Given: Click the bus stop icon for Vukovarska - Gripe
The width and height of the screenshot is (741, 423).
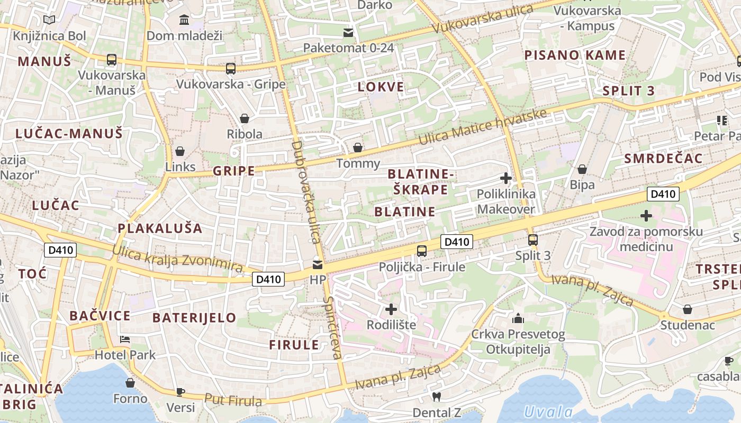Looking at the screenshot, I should pyautogui.click(x=230, y=69).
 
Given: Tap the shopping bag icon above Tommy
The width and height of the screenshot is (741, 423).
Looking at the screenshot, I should pyautogui.click(x=358, y=148).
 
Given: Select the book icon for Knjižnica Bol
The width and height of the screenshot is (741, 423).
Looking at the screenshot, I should pyautogui.click(x=49, y=20).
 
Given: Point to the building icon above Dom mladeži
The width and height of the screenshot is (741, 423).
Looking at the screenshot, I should pyautogui.click(x=184, y=20).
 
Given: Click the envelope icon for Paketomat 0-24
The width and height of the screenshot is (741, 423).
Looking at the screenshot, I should pyautogui.click(x=348, y=33).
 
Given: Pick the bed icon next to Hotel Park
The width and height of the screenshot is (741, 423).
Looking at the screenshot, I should pyautogui.click(x=125, y=339).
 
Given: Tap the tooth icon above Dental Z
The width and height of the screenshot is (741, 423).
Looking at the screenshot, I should pyautogui.click(x=437, y=397).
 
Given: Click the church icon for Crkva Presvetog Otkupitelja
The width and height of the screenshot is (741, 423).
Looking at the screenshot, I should pyautogui.click(x=518, y=318).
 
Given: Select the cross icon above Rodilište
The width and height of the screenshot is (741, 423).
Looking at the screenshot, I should pyautogui.click(x=391, y=309).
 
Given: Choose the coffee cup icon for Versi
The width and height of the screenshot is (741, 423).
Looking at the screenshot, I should pyautogui.click(x=180, y=392).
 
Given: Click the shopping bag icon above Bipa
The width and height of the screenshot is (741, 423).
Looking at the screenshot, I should pyautogui.click(x=582, y=169).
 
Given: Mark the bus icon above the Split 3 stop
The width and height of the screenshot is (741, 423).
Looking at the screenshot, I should pyautogui.click(x=533, y=240).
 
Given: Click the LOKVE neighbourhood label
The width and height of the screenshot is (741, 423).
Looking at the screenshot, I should pyautogui.click(x=381, y=87).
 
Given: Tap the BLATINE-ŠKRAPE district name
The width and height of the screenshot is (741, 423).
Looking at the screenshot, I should pyautogui.click(x=421, y=181).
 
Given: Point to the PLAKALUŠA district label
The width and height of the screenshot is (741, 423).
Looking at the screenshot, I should pyautogui.click(x=160, y=228).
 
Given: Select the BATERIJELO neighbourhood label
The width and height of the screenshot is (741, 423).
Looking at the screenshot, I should pyautogui.click(x=194, y=318).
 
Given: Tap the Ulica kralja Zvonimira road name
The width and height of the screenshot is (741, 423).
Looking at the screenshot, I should pyautogui.click(x=177, y=259).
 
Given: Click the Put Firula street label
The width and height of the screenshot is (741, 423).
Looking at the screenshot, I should pyautogui.click(x=233, y=400).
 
